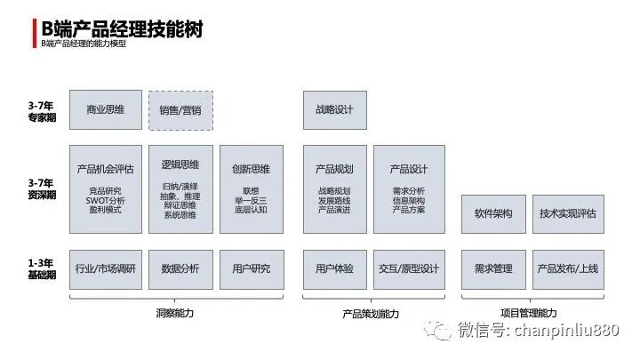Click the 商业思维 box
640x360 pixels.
(x=105, y=110)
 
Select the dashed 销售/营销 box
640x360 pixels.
(x=180, y=111)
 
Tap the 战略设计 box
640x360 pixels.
(x=334, y=110)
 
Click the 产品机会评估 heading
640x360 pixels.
(x=105, y=169)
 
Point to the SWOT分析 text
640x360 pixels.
(x=105, y=200)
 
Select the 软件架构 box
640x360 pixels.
(x=493, y=214)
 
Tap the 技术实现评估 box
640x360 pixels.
(x=567, y=214)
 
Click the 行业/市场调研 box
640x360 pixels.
(x=105, y=268)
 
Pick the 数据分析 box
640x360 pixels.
(x=180, y=268)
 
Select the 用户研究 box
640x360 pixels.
(x=251, y=268)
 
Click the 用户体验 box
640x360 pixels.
(x=334, y=268)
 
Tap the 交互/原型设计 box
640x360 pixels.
(x=409, y=268)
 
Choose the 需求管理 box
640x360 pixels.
(x=493, y=268)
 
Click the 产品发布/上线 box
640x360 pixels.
(x=567, y=268)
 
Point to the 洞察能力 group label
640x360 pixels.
(x=174, y=313)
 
